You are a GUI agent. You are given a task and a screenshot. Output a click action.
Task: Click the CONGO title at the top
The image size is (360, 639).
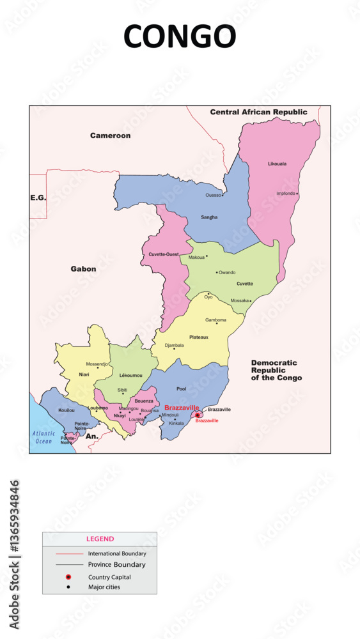(180, 36)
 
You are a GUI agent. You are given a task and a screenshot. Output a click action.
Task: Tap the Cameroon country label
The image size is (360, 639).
(110, 135)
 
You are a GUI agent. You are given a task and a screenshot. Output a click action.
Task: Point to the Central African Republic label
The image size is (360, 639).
(258, 112)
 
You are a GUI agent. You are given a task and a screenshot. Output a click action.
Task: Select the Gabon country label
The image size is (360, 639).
(83, 269)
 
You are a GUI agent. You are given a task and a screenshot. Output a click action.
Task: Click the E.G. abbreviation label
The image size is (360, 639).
(38, 198)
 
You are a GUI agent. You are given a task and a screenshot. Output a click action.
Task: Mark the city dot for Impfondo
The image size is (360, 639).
(297, 194)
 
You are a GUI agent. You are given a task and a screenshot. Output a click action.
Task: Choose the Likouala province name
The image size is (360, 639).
(277, 164)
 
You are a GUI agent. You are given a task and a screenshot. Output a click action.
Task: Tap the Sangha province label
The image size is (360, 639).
(209, 217)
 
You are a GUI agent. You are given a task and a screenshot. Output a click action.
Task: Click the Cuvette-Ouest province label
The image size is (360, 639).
(164, 254)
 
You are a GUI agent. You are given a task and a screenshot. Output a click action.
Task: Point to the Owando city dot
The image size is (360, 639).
(217, 272)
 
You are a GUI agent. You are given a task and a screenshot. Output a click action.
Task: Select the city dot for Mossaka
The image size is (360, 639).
(251, 300)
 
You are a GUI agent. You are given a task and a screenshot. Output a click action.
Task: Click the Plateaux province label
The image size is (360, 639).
(199, 337)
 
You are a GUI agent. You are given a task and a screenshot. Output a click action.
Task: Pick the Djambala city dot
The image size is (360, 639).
(174, 349)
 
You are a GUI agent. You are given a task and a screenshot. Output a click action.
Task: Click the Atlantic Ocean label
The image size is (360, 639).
(43, 437)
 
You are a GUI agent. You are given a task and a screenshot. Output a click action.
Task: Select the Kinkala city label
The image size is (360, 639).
(176, 423)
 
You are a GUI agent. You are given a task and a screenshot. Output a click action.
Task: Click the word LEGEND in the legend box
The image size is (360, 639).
(100, 539)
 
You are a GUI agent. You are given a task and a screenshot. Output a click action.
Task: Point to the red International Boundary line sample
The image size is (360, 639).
(69, 553)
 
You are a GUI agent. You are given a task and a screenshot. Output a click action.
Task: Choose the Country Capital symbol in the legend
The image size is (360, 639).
(68, 577)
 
